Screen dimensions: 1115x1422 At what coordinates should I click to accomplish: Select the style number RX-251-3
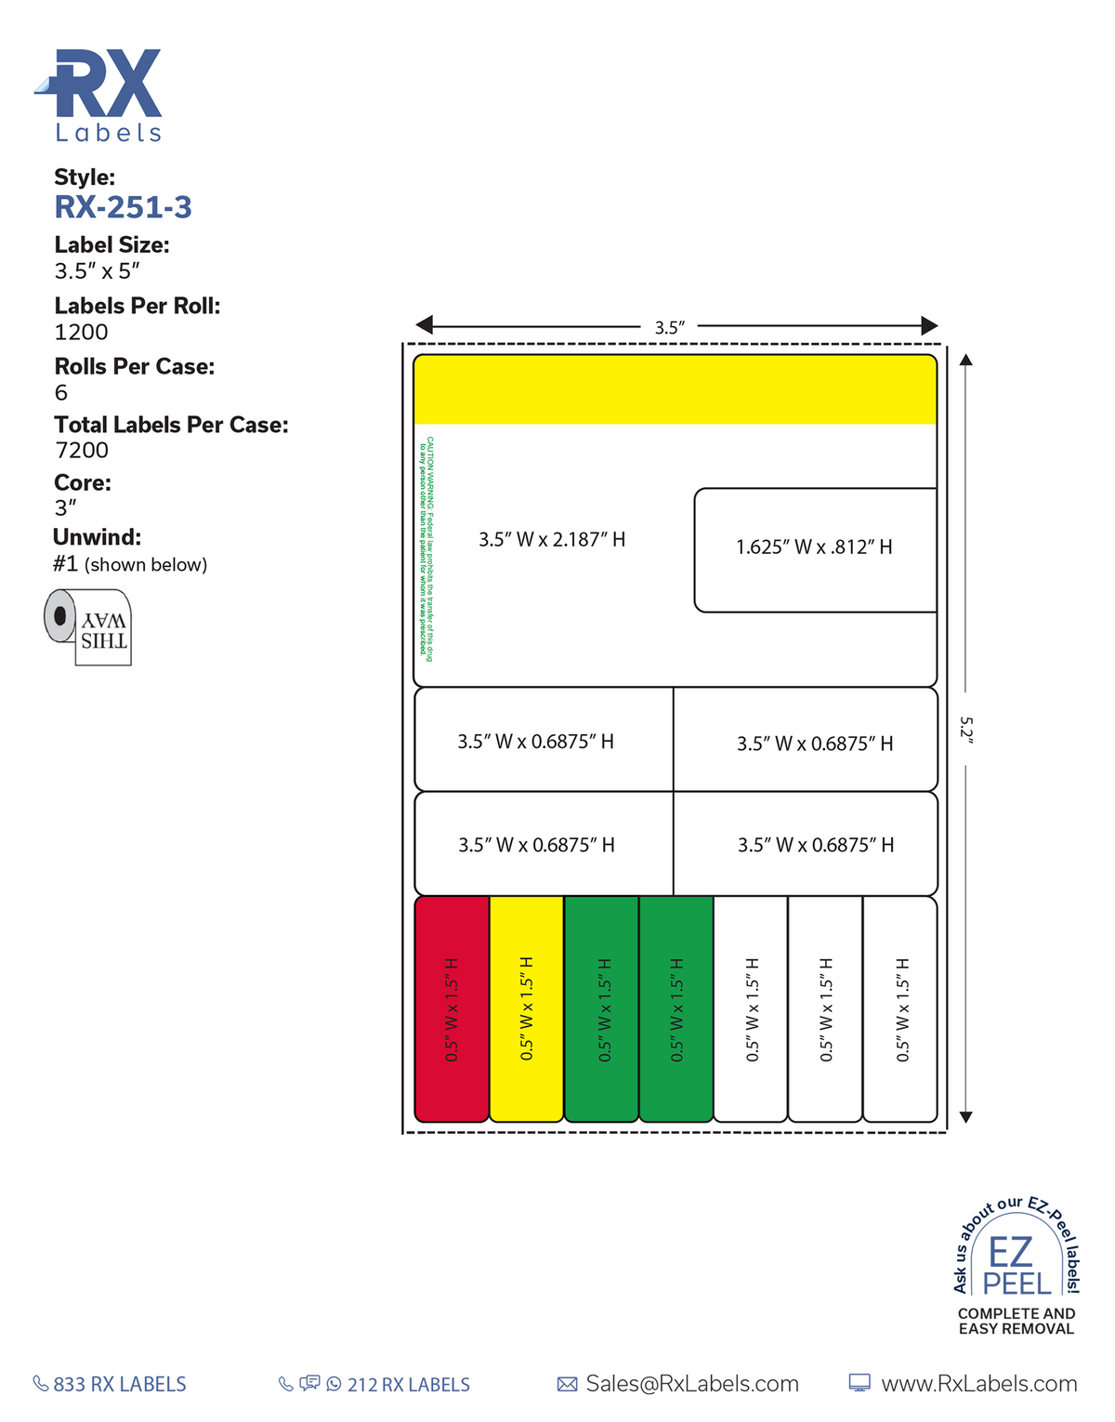click(123, 207)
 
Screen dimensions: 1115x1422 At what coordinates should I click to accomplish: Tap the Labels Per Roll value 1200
click(81, 332)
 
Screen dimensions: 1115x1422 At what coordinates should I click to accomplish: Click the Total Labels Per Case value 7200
click(81, 450)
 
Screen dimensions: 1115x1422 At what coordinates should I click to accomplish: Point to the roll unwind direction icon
click(88, 626)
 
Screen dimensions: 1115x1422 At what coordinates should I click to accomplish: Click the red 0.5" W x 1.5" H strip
click(452, 1008)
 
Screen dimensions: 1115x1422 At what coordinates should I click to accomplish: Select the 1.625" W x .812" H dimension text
click(814, 547)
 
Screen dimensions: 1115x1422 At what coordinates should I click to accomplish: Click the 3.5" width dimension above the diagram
click(669, 327)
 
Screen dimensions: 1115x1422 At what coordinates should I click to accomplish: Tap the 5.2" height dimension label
click(965, 729)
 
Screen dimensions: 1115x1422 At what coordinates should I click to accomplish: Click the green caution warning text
click(426, 548)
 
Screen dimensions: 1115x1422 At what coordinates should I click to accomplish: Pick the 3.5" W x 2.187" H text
click(552, 539)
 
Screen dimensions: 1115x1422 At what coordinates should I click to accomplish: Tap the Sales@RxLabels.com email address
click(692, 1384)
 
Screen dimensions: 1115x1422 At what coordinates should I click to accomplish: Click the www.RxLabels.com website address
click(978, 1384)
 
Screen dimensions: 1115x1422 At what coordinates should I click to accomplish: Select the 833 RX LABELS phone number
click(119, 1384)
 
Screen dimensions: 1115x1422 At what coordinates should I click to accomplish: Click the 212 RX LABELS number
click(408, 1385)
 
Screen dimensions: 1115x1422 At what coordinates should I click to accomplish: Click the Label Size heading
click(111, 245)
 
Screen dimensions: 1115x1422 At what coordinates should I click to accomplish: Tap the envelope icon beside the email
click(567, 1384)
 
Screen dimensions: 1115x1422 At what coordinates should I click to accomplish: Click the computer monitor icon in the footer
click(860, 1384)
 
